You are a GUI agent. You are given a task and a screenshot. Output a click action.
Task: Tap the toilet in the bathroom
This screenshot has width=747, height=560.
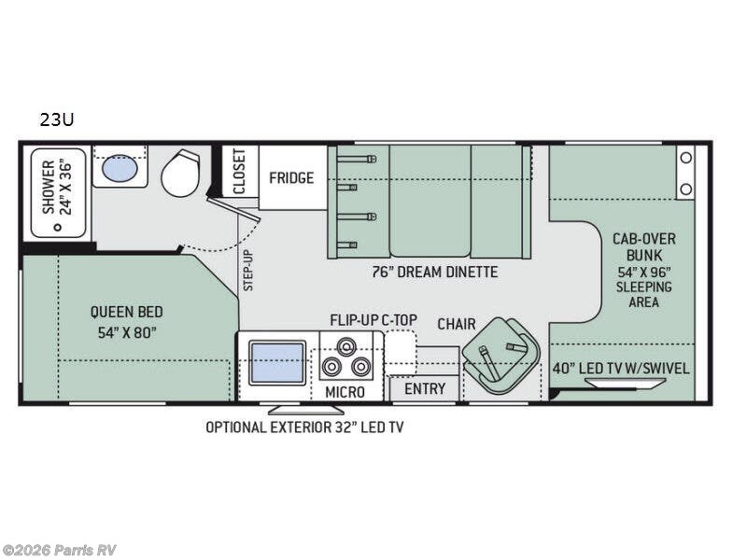pos(179,174)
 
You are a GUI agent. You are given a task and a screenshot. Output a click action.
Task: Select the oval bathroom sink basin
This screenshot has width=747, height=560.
pos(118,169)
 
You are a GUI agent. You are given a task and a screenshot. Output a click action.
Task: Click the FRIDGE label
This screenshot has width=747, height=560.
pos(291,177)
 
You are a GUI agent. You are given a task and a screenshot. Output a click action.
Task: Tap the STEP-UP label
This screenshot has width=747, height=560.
pos(248,270)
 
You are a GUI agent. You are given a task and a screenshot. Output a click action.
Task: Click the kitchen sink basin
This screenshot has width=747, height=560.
pos(276,362)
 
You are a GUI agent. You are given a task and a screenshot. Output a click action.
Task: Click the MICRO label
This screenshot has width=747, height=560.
pos(345,391)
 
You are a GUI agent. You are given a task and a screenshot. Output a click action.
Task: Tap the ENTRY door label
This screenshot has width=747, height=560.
pos(424,388)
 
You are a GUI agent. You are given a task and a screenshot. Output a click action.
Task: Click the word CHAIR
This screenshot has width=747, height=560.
pos(457,323)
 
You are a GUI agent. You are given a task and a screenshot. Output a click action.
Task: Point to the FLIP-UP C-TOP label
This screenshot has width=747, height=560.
pos(373,319)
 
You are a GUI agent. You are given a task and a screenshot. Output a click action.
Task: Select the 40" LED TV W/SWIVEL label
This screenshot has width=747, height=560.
pos(620,368)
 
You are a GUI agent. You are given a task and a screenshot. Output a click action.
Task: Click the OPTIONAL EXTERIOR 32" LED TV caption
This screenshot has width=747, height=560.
pos(304,427)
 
